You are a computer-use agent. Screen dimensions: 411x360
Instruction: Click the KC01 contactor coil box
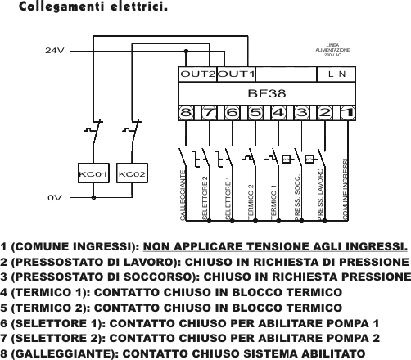click(x=93, y=173)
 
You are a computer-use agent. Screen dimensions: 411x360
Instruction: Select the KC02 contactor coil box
click(x=132, y=173)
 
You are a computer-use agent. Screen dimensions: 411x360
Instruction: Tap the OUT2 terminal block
click(x=197, y=74)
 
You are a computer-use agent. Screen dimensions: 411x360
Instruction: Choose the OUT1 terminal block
click(x=236, y=74)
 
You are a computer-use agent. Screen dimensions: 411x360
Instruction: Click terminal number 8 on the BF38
click(x=186, y=113)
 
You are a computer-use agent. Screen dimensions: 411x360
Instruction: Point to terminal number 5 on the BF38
click(x=255, y=113)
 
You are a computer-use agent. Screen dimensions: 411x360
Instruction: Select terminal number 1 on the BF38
click(x=348, y=113)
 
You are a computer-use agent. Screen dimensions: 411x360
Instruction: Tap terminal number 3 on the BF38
click(x=301, y=113)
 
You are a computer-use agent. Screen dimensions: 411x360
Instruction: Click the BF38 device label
click(x=267, y=93)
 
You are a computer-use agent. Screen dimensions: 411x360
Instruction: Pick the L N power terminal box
click(x=336, y=74)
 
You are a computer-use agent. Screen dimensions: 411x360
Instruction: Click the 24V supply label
click(x=55, y=51)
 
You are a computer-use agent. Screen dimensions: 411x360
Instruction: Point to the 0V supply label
click(x=55, y=197)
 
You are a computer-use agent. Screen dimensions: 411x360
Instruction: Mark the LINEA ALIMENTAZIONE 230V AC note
click(x=332, y=50)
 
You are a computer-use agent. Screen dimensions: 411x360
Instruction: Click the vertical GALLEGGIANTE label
click(x=183, y=196)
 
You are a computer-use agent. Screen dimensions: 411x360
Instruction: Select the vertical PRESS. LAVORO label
click(x=320, y=194)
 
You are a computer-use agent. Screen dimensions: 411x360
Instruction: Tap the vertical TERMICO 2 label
click(x=251, y=202)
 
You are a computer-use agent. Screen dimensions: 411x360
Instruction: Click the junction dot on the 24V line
click(x=186, y=51)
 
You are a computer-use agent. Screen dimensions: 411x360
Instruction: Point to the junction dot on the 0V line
click(x=93, y=197)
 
